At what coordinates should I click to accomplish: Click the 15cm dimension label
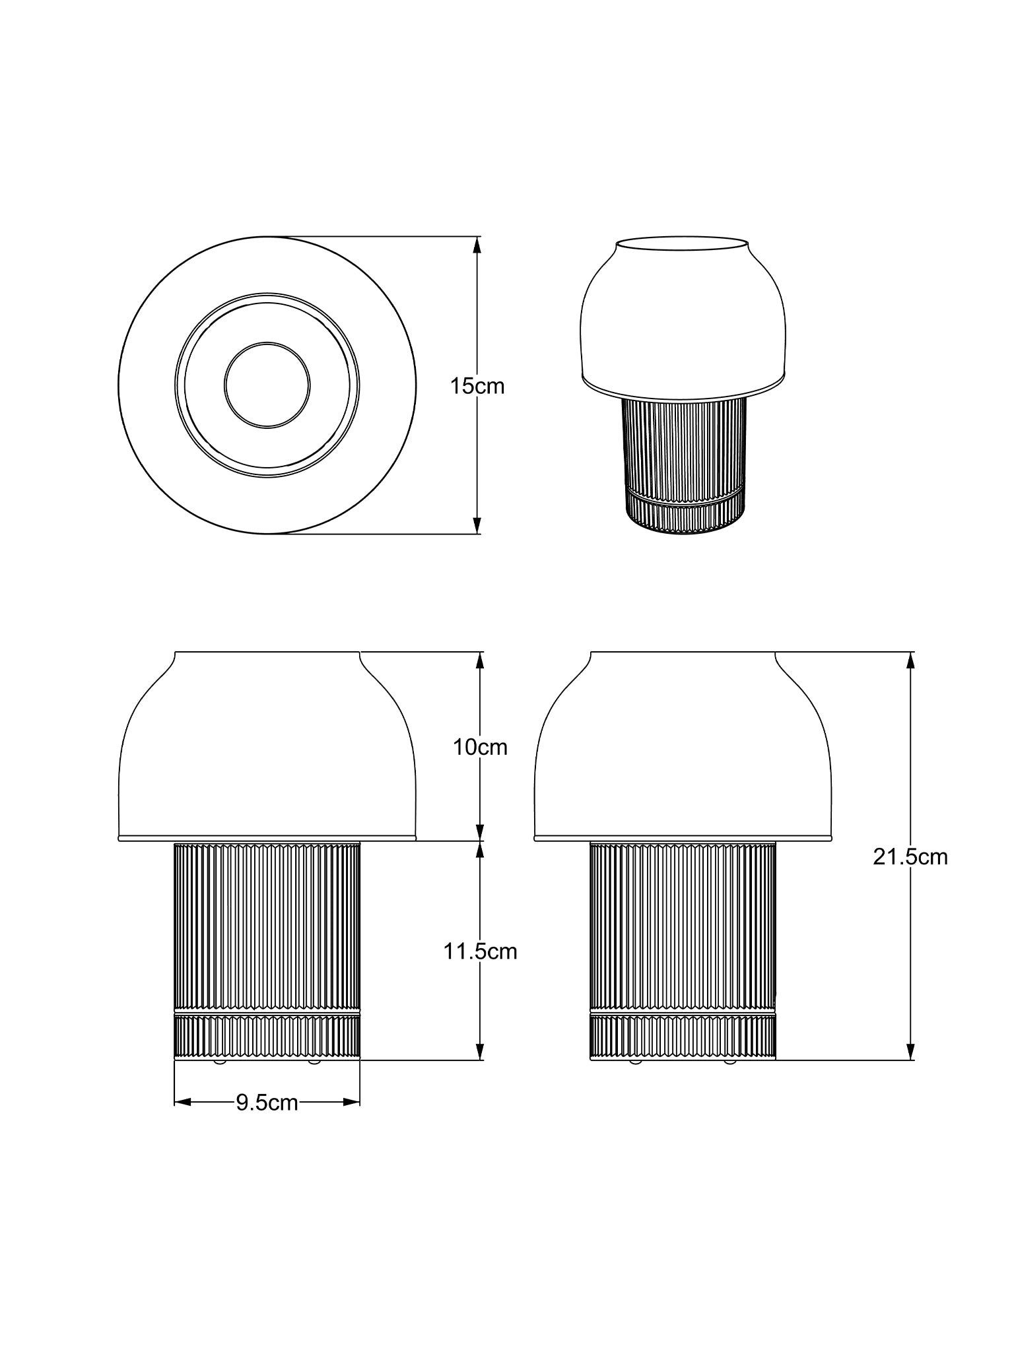[477, 386]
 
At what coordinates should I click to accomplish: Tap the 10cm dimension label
[480, 747]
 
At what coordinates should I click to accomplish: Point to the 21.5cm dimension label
[910, 856]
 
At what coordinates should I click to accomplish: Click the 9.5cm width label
[267, 1103]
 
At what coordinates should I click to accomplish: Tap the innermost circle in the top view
[267, 343]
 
